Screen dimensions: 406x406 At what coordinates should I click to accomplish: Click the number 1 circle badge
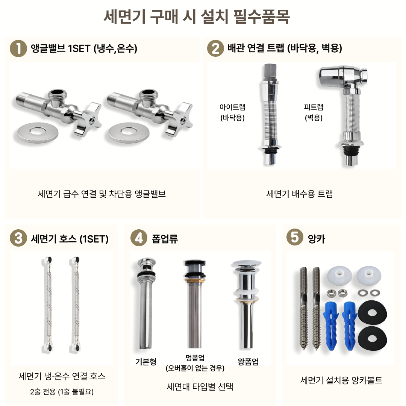[x=18, y=48]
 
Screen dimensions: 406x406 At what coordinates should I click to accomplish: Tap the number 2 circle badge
[x=215, y=48]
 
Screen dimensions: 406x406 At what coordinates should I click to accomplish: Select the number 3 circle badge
[x=18, y=238]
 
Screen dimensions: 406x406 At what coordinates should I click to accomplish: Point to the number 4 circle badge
[x=139, y=238]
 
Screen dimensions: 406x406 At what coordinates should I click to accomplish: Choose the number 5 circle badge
[x=295, y=237]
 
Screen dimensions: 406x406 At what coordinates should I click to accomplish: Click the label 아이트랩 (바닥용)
[x=232, y=112]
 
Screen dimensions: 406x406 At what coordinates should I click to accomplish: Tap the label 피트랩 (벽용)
[x=314, y=112]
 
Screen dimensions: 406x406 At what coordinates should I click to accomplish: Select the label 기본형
[x=146, y=362]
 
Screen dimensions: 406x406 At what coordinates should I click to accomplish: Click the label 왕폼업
[x=248, y=362]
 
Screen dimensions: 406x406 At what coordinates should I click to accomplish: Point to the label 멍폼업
[x=195, y=358]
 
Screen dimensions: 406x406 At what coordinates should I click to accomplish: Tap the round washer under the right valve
[x=129, y=132]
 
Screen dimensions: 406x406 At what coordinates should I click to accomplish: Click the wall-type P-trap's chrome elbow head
[x=342, y=77]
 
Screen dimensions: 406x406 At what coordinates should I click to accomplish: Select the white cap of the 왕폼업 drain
[x=247, y=263]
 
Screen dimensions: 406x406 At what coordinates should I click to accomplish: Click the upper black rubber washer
[x=372, y=312]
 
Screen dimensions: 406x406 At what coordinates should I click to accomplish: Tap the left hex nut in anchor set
[x=330, y=293]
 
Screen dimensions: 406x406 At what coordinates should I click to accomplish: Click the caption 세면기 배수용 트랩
[x=300, y=194]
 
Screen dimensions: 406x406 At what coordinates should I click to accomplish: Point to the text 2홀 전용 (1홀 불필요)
[x=62, y=392]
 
